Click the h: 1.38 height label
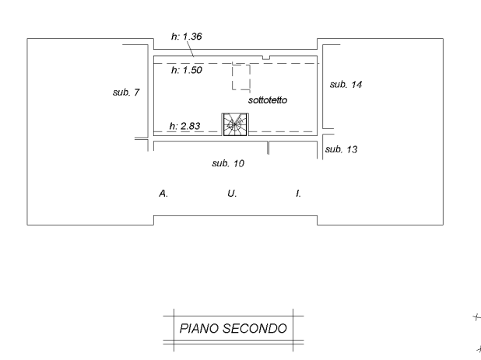click(186, 36)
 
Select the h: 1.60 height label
click(186, 70)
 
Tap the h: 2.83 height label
click(185, 126)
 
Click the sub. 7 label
click(126, 93)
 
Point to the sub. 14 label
click(346, 84)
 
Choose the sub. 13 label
click(341, 149)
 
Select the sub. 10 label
click(229, 163)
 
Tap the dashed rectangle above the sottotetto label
click(240, 79)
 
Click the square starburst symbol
click(234, 124)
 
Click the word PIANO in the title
click(198, 329)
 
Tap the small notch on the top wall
click(265, 57)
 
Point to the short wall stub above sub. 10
click(268, 148)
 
